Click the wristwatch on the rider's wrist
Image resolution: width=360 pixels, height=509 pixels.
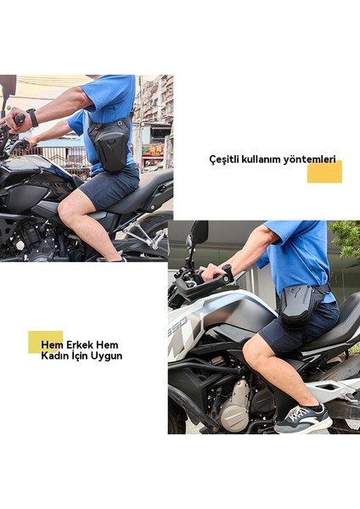click(x=32, y=117)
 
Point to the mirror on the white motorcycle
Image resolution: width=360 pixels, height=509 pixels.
click(x=198, y=232)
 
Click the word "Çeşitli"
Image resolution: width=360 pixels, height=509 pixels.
click(x=223, y=159)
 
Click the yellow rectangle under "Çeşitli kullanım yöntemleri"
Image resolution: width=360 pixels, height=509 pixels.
click(x=324, y=172)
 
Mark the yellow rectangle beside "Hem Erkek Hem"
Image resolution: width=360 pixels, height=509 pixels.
click(x=44, y=341)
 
